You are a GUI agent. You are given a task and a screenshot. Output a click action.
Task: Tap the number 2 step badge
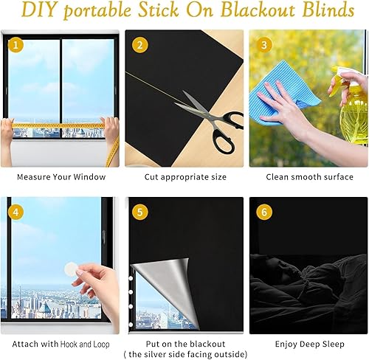click(139, 45)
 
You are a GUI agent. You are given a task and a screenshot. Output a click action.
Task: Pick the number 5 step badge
click(139, 212)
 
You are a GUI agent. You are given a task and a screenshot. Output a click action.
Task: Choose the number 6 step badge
click(263, 212)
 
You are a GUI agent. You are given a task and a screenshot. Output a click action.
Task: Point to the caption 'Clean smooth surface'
click(309, 177)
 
